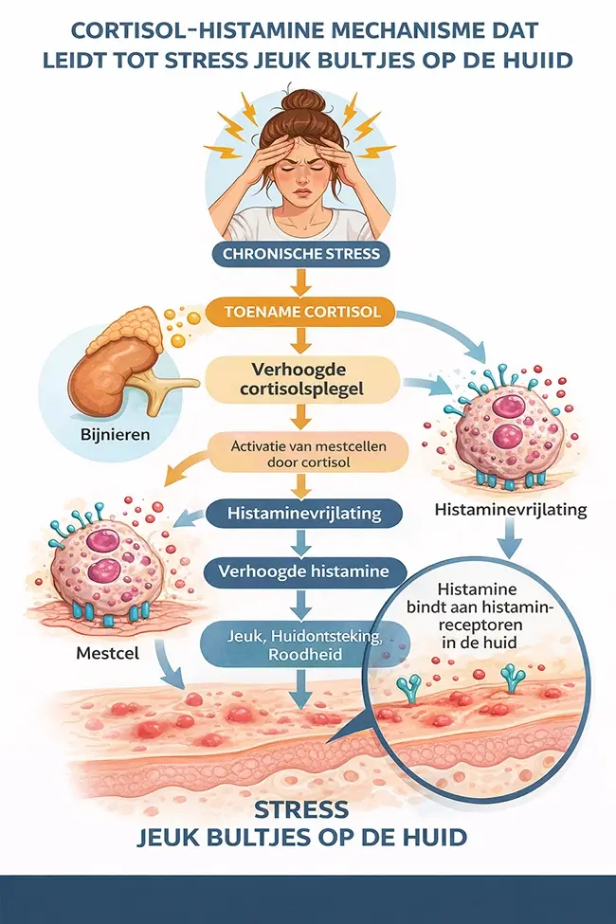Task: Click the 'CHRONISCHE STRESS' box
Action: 301,253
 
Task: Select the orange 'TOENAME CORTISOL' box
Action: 301,312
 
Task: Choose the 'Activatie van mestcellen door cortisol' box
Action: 301,452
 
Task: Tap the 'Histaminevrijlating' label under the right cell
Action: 510,510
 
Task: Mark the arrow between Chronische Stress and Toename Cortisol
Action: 301,281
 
